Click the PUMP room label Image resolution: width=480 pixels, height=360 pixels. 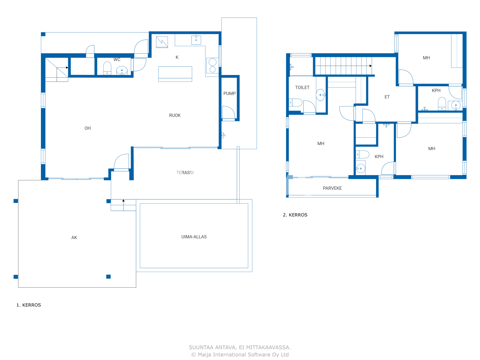229,93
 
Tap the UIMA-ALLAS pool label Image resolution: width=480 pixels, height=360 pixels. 194,237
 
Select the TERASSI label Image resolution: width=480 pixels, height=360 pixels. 185,172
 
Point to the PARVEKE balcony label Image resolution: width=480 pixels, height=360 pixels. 332,188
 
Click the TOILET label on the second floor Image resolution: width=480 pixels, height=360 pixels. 302,88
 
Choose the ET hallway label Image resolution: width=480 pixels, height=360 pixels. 387,97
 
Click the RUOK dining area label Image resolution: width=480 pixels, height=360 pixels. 175,115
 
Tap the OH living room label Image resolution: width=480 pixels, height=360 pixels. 87,128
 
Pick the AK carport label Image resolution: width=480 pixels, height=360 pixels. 74,238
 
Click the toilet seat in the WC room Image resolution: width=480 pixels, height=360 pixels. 107,68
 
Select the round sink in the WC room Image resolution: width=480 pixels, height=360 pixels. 121,70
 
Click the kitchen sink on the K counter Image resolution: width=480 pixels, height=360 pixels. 196,40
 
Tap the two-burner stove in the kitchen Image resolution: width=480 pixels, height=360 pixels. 212,66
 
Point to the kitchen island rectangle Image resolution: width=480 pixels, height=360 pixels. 175,74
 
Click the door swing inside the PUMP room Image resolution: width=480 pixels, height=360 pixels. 228,113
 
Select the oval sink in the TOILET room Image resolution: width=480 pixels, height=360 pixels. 320,95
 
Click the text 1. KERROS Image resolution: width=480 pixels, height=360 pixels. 28,305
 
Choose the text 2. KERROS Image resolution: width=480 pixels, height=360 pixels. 295,215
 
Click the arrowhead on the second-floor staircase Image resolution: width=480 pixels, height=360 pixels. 370,66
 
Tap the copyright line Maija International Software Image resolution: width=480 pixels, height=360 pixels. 240,354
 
